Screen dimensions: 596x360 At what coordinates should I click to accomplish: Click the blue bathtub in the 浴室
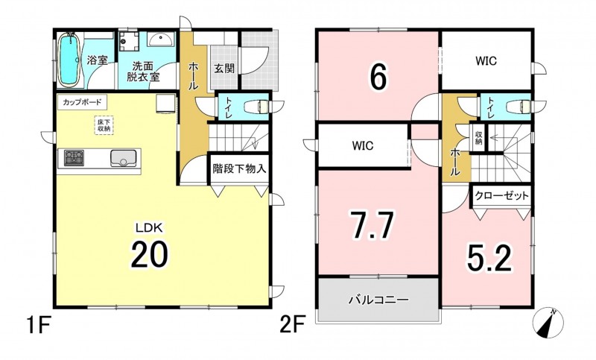tap(69, 60)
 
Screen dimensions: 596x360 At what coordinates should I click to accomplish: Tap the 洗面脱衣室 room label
tap(143, 71)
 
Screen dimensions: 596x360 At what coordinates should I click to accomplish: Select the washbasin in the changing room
tap(160, 40)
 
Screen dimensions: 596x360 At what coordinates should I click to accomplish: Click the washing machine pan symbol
tap(128, 42)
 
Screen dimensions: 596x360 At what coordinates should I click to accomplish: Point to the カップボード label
tap(82, 102)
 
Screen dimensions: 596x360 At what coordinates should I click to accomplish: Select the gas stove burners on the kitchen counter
tap(74, 158)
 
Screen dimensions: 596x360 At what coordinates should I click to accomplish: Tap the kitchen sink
tap(124, 158)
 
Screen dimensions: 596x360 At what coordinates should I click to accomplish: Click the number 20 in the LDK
tap(150, 254)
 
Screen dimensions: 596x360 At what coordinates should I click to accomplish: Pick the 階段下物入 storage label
tap(239, 168)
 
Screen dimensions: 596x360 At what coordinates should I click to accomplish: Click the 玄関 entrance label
tap(224, 69)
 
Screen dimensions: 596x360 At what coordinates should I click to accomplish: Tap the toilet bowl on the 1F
tap(256, 106)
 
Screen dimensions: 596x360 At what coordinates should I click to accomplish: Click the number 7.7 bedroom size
tap(372, 225)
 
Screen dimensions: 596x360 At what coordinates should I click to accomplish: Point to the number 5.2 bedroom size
tap(490, 257)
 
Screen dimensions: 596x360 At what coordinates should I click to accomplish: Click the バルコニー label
tap(379, 300)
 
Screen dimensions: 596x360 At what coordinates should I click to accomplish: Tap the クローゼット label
tap(501, 196)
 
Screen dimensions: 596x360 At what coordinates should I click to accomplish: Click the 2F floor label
tap(293, 326)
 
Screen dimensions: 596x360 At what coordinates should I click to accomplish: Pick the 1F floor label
tap(39, 326)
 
